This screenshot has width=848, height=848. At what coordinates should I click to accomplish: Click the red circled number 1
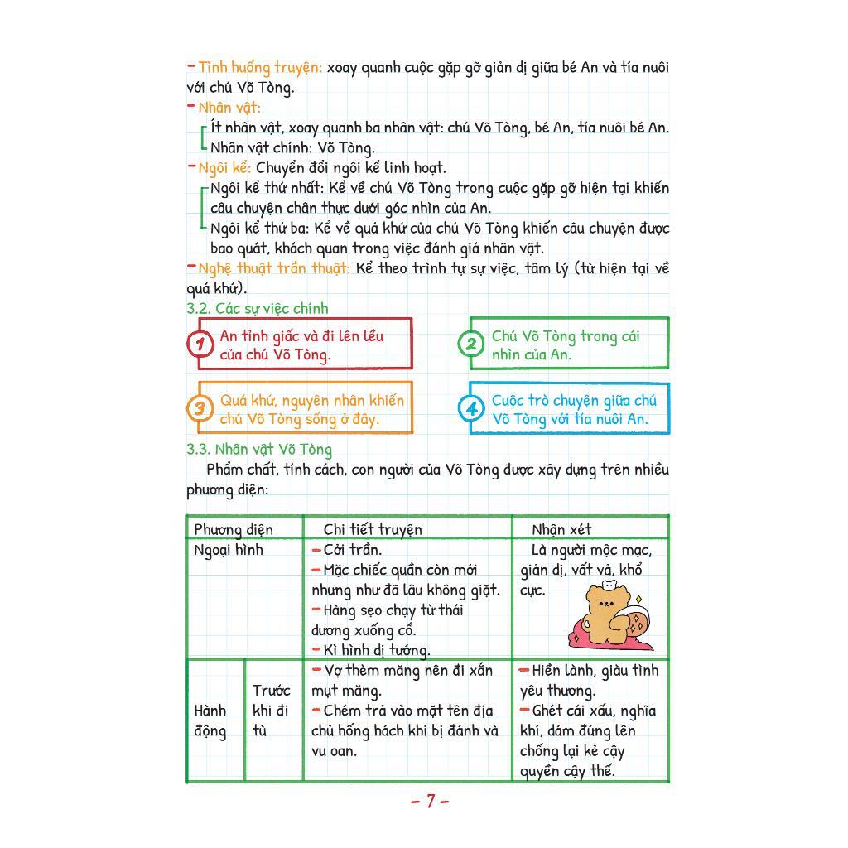pos(200,344)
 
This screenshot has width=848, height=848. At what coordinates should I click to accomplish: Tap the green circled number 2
pos(471,344)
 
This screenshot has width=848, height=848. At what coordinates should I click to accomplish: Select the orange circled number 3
pos(200,408)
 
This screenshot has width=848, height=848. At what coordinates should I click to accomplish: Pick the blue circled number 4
pos(471,408)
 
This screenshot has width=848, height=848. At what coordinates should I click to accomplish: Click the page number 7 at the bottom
pos(430,801)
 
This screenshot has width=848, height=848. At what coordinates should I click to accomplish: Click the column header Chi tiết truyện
pos(373,529)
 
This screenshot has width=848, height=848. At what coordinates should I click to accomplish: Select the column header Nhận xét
pos(561,529)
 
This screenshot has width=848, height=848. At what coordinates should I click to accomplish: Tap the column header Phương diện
pos(233,529)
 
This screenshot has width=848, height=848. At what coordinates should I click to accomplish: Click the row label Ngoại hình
pos(228,550)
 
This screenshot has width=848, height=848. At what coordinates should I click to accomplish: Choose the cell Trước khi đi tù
pos(271,711)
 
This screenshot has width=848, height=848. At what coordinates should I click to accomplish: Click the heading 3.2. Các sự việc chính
pos(257,308)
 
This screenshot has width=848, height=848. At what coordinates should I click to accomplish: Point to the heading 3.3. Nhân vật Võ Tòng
pos(258,450)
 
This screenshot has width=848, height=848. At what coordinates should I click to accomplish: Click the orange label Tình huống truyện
pos(259,67)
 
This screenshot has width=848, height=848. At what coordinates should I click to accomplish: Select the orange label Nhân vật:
pos(229,108)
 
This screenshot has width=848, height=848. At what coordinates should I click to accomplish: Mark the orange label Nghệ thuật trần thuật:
pos(273,268)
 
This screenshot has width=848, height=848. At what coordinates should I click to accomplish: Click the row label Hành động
pos(210,720)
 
